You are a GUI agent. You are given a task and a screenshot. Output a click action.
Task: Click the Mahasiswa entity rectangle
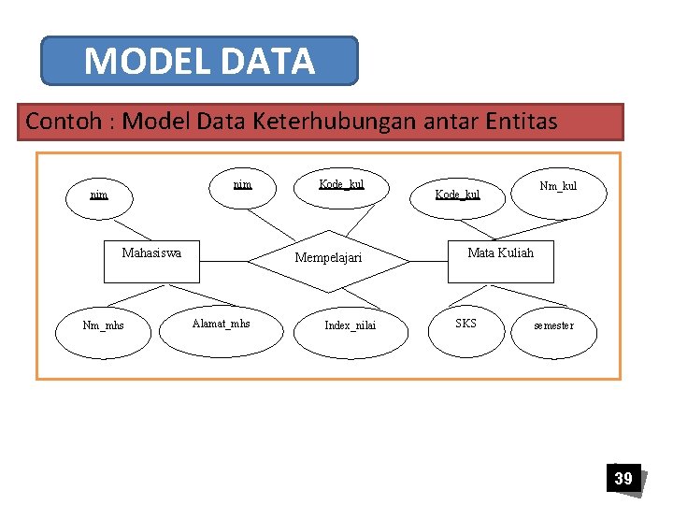[151, 261]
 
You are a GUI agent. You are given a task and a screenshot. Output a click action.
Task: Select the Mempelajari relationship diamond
[328, 258]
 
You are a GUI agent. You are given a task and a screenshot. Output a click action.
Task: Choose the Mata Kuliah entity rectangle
[500, 261]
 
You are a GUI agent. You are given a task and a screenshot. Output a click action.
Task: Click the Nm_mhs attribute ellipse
[103, 326]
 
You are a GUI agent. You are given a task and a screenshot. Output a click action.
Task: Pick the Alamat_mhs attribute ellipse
[221, 325]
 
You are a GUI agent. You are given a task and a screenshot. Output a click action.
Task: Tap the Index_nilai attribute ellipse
[351, 326]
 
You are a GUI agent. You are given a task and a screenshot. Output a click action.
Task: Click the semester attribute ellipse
[553, 326]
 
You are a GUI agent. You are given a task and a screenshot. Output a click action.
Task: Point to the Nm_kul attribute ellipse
[558, 187]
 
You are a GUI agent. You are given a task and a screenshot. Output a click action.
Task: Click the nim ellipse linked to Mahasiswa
[98, 195]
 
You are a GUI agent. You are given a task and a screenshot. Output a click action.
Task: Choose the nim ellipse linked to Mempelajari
[242, 185]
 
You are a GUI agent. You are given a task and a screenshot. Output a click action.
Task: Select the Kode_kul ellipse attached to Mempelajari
[341, 185]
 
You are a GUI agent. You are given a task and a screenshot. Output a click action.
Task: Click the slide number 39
[623, 479]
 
